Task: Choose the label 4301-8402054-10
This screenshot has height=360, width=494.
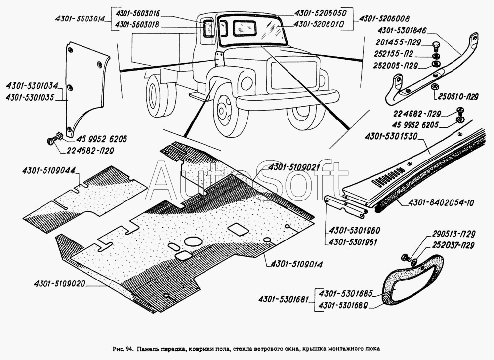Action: click(x=434, y=202)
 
